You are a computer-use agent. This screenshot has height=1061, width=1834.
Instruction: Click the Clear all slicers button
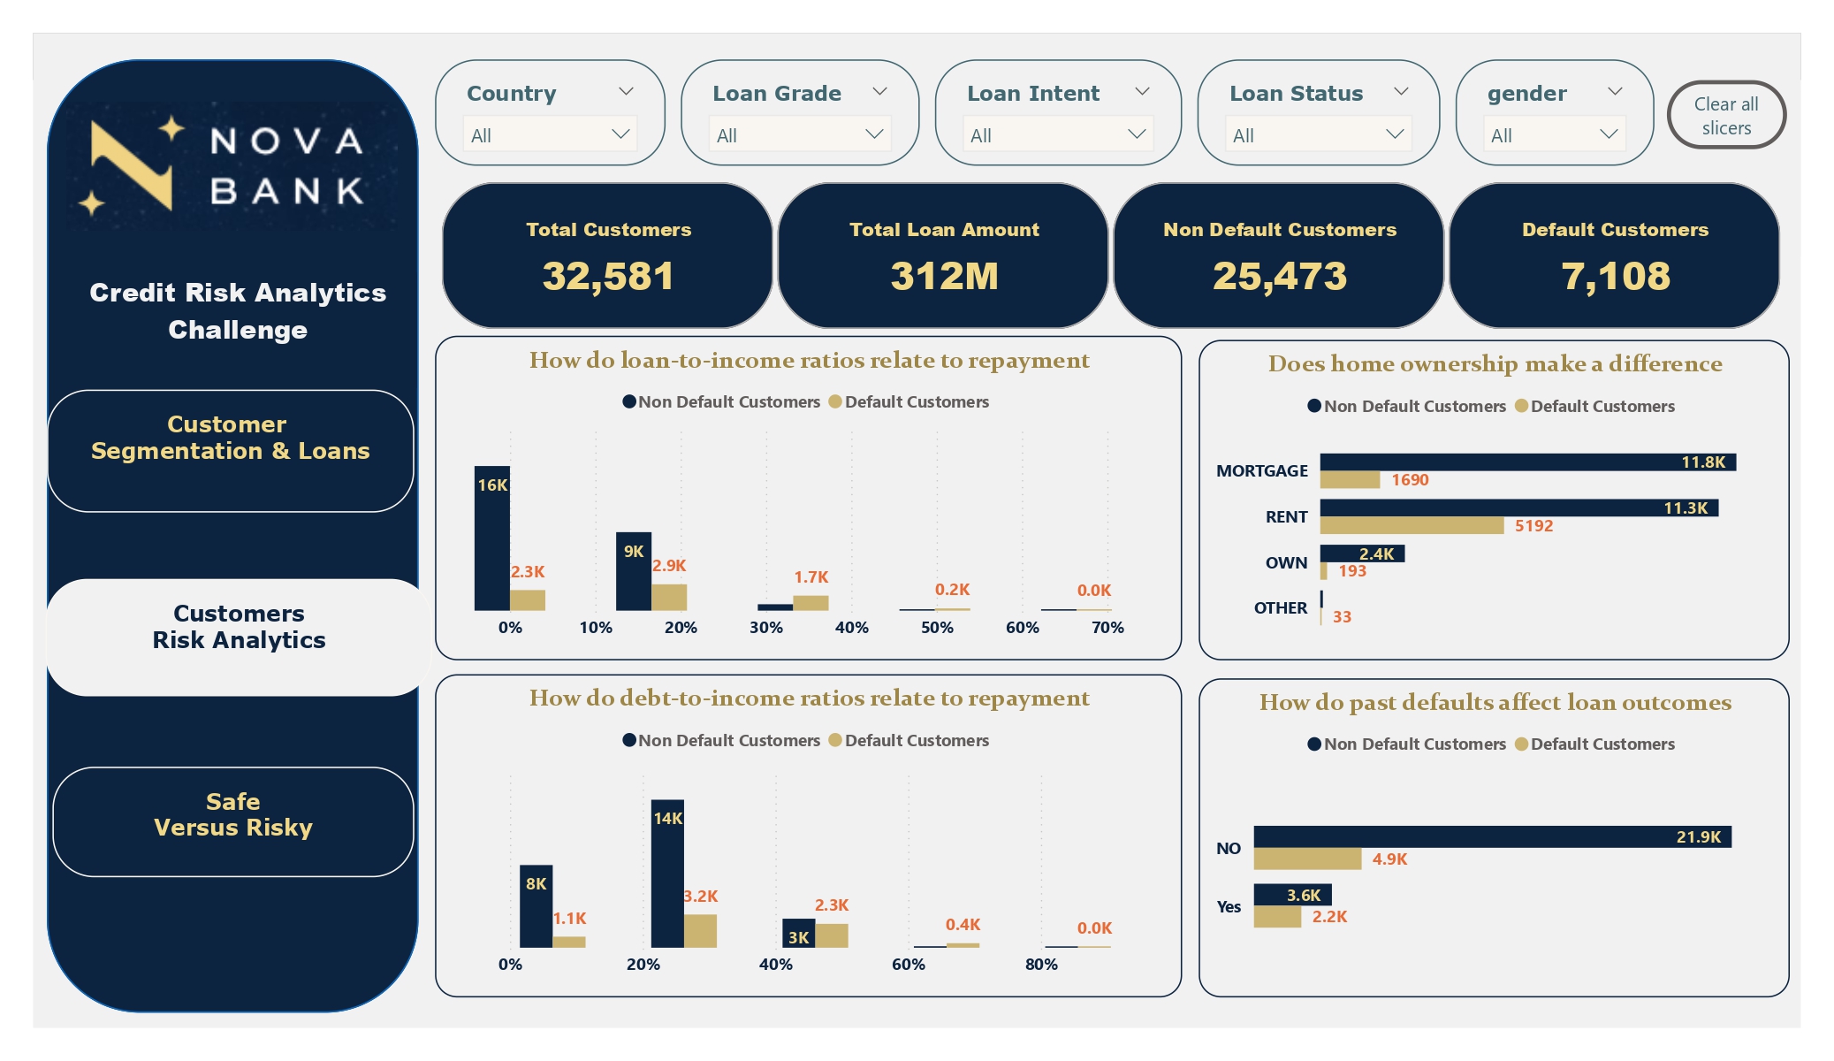coord(1725,116)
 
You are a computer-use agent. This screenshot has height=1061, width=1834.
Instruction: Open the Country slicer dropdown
coord(549,134)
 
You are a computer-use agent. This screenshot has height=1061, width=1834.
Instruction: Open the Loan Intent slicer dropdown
coord(1057,134)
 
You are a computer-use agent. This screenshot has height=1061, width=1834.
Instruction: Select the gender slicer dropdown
coord(1553,134)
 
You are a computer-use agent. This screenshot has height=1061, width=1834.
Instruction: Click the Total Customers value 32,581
coord(608,276)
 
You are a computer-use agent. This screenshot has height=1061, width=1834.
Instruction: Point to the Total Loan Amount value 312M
coord(944,276)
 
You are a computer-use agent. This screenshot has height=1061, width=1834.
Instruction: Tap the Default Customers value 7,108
coord(1615,276)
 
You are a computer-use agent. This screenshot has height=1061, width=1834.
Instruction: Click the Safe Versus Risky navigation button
coord(233,815)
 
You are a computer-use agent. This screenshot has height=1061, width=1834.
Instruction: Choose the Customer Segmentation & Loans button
coord(231,439)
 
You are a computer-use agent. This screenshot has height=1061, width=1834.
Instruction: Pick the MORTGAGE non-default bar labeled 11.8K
coord(1527,462)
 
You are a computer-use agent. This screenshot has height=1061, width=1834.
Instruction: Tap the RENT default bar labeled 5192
coord(1412,526)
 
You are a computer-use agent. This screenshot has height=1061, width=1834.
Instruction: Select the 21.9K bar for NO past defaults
coord(1492,836)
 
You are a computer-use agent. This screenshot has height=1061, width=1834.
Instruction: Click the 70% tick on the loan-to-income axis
coord(1107,628)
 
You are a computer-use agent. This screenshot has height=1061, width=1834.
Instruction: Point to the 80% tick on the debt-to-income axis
coord(1041,965)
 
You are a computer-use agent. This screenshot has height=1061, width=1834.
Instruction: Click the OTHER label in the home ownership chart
coord(1280,608)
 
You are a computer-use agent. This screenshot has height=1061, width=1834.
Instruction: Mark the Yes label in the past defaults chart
coord(1229,907)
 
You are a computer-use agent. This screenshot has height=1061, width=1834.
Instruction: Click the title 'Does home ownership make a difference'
coord(1495,363)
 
